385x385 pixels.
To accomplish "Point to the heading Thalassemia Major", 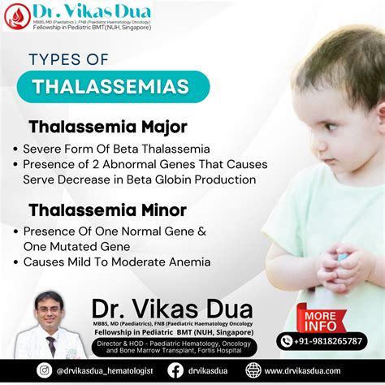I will point(108,127).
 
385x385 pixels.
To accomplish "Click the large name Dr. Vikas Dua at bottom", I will point(171,309).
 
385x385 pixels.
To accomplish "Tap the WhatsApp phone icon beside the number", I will point(287,341).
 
